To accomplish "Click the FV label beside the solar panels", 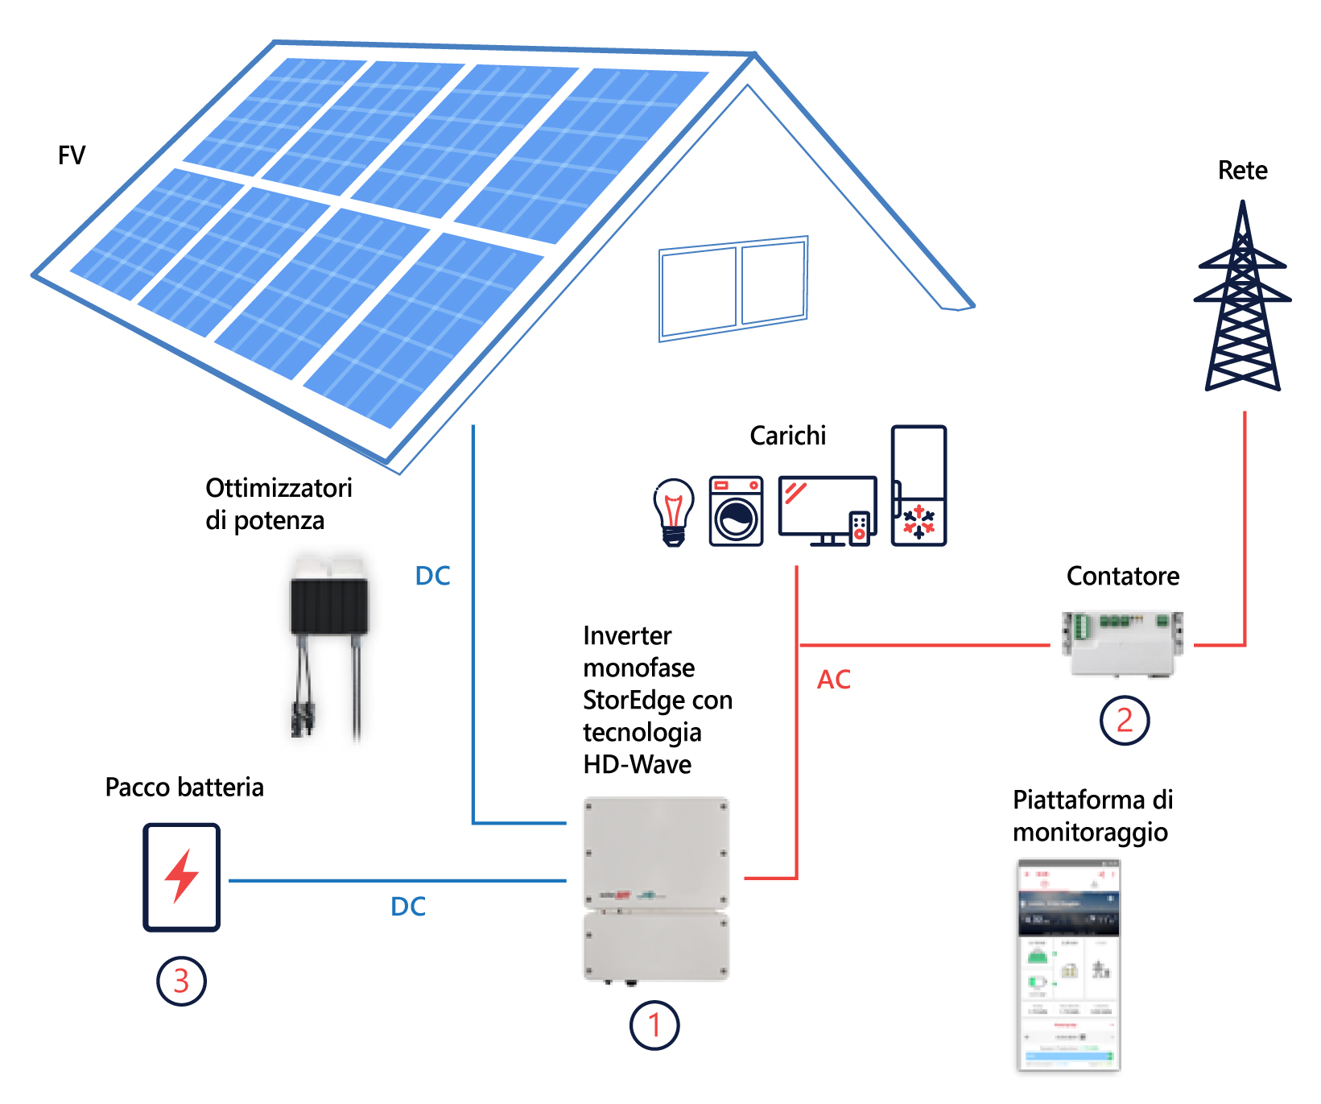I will [72, 155].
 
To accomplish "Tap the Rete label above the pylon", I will [1242, 171].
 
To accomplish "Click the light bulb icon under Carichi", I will [674, 512].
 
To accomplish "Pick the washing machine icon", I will [736, 511].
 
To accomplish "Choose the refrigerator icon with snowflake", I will [919, 486].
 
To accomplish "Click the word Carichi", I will [787, 436].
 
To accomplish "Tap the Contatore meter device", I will [1122, 643].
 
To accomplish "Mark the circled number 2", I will [1124, 720].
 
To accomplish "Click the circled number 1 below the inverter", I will [654, 1025].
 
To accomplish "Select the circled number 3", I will [181, 981].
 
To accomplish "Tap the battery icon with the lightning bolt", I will [182, 877].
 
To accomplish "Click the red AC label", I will [833, 680].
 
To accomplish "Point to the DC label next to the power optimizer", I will [432, 576].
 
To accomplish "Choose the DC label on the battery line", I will [408, 907].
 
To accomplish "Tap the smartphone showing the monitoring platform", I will [1068, 965].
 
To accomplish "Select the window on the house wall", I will [733, 287].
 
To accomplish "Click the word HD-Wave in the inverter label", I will [637, 764].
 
